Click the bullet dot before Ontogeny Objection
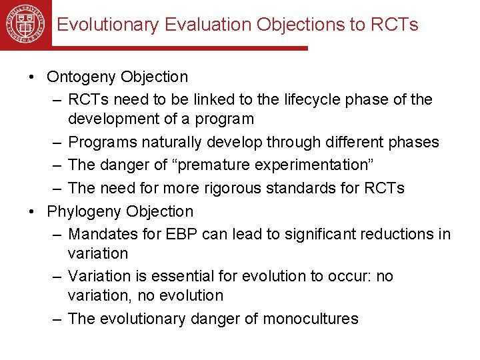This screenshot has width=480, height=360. coord(32,77)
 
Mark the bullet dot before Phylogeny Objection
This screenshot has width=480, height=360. coord(32,211)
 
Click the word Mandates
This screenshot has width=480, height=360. coord(98,234)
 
